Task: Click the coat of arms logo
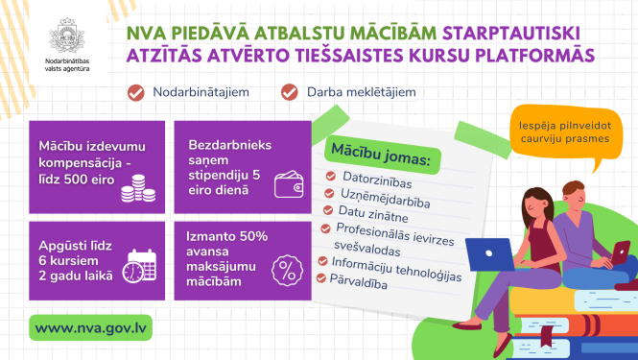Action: point(67,36)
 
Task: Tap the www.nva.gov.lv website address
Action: point(90,328)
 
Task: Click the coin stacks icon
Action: point(138,188)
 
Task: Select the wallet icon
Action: point(289,184)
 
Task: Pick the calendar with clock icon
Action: point(139,266)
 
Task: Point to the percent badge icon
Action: point(287,271)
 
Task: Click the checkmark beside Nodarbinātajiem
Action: point(136,92)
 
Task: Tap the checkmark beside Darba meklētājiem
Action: point(290,92)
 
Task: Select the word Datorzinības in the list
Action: point(377,180)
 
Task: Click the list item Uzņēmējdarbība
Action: point(385,198)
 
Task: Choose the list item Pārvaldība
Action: point(358,281)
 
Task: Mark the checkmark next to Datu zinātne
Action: point(328,210)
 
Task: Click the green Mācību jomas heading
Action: point(381,155)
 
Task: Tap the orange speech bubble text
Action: point(565,132)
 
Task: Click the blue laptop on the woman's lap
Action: point(490,254)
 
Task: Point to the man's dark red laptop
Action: point(619,252)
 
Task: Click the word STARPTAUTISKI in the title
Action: point(511,34)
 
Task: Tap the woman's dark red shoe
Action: point(466,325)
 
